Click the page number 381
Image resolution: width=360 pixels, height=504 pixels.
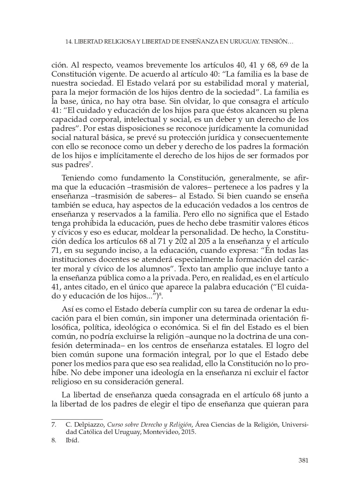[x=303, y=460]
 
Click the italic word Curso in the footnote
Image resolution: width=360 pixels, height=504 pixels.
[x=114, y=425]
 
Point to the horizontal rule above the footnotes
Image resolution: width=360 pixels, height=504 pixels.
[x=77, y=419]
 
